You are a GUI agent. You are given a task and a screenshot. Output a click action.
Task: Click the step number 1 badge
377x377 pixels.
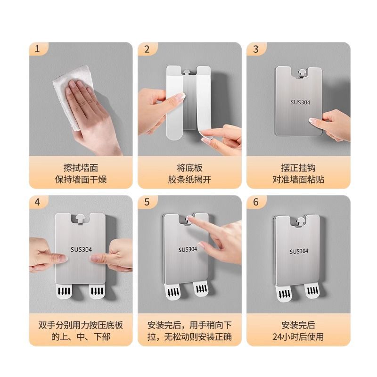point(38,49)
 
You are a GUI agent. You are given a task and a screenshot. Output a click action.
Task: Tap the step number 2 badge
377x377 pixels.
point(147,49)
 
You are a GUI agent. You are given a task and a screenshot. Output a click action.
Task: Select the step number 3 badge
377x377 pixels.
point(256,49)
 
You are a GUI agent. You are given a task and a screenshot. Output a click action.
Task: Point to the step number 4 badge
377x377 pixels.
point(38,202)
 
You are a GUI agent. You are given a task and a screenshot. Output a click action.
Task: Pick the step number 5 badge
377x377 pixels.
point(147,202)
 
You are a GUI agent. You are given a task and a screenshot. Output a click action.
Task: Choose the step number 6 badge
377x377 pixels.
point(256,202)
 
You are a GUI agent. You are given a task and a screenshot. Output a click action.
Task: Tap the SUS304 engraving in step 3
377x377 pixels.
point(300,102)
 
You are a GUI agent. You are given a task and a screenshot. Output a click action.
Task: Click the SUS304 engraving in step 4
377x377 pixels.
point(81,250)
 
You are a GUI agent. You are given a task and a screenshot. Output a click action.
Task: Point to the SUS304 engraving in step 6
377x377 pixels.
point(299,252)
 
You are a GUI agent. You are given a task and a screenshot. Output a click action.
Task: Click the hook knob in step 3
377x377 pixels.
point(302,73)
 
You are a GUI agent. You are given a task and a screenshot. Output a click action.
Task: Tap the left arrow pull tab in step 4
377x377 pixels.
point(64,291)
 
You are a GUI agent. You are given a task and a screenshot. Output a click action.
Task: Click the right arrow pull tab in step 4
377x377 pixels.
point(97,291)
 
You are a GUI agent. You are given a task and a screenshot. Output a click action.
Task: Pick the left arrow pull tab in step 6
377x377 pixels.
point(284,293)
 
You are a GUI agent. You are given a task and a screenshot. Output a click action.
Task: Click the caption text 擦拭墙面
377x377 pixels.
point(81,168)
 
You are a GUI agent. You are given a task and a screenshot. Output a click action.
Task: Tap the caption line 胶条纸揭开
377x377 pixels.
point(189,180)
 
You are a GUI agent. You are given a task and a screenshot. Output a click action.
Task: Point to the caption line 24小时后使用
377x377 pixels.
point(298,336)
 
